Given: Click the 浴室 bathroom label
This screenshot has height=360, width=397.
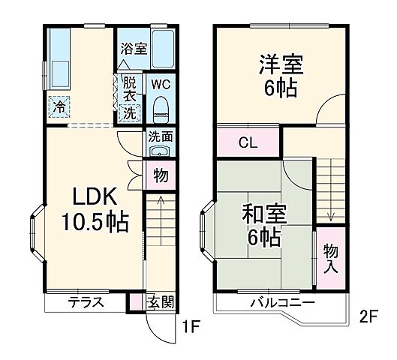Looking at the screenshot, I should tap(133, 46).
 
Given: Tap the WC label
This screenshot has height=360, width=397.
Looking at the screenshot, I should tap(161, 84).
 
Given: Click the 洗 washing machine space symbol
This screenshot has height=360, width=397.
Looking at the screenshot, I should tap(131, 113).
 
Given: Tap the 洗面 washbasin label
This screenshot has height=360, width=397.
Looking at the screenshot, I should tap(161, 136).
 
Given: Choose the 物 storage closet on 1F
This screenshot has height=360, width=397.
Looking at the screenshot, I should tap(161, 175).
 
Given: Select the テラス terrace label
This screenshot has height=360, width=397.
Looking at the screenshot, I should tap(86, 304).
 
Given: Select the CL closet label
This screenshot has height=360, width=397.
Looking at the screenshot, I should tap(248, 142).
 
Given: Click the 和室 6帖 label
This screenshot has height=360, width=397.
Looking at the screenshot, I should tap(262, 224).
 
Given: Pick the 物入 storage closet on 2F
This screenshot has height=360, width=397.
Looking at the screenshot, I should tap(331, 258).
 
